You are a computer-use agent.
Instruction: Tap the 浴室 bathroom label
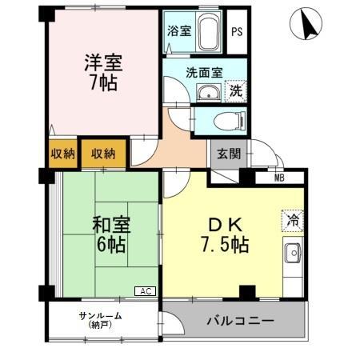pos(178,31)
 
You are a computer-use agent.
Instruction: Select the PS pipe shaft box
pos(236,32)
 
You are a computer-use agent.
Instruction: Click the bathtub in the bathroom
pos(207,33)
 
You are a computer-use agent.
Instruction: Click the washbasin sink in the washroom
pos(210,92)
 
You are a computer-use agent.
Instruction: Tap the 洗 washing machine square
pos(236,90)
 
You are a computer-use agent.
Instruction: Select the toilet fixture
pos(223,122)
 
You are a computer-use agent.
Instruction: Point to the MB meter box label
pos(278,178)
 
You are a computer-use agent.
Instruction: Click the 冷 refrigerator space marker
pos(293,218)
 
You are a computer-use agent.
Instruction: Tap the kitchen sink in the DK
pos(293,254)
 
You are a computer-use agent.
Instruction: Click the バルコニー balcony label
pos(240,321)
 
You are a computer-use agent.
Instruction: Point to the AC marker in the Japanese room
pos(146,291)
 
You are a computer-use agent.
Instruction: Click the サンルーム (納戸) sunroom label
pos(100,319)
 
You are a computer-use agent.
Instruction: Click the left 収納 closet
pos(62,154)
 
